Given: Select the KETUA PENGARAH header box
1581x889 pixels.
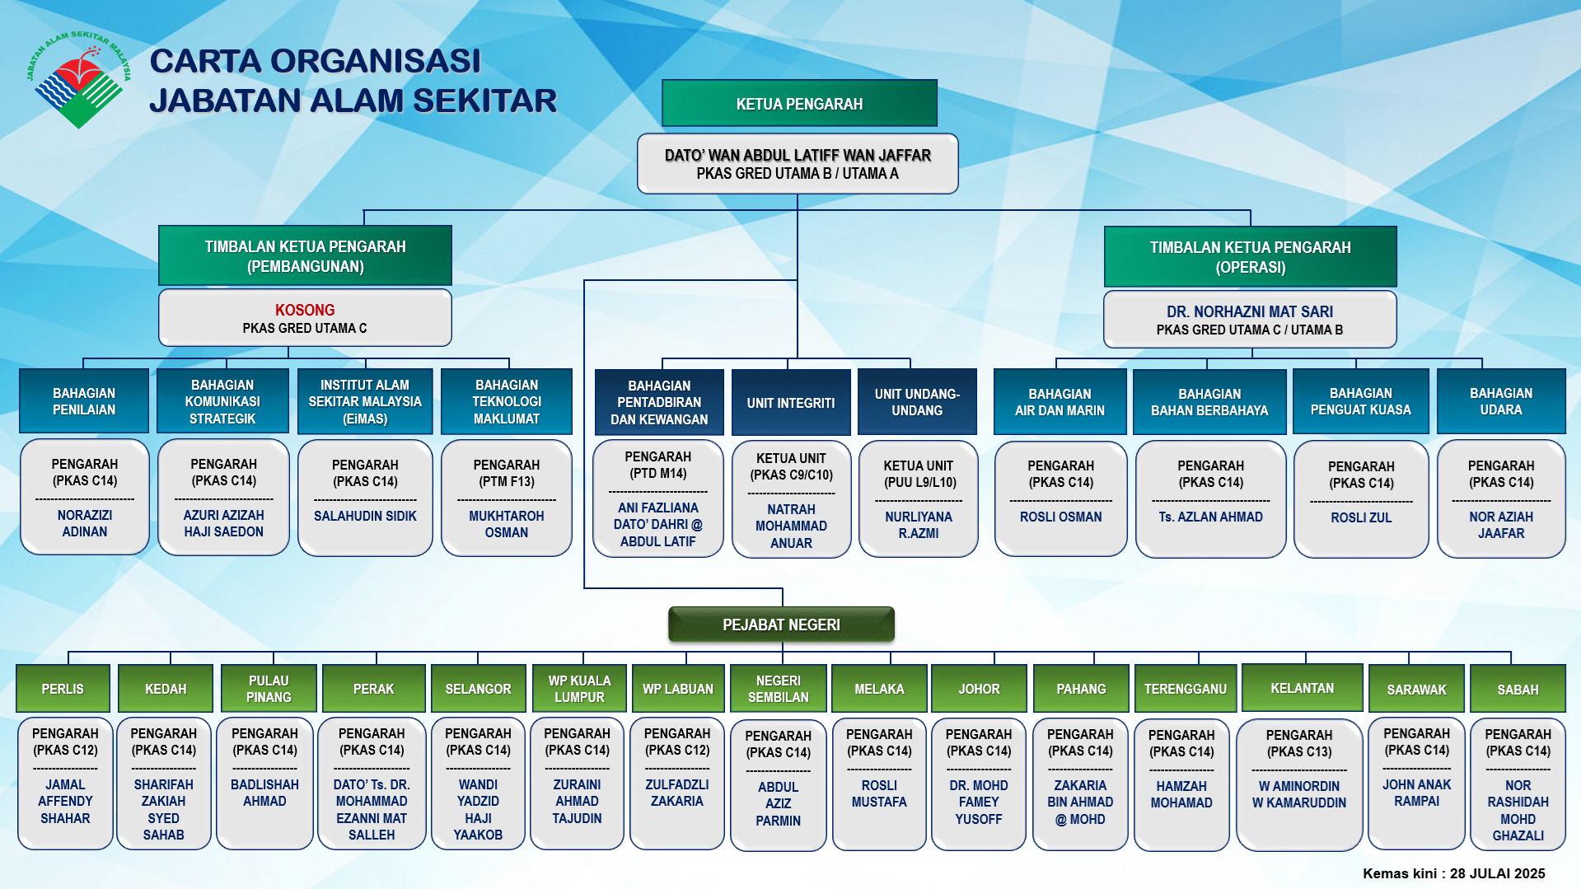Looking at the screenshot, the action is coord(799,104).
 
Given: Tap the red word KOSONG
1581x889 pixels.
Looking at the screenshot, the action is coord(305,310).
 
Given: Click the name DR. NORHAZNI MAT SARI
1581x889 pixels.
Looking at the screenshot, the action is coord(1249,311).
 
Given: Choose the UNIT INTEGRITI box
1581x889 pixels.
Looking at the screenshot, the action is coord(791,403).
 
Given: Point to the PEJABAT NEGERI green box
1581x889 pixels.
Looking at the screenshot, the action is coord(781,625).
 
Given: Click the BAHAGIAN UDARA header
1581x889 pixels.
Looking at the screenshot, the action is coord(1501,401).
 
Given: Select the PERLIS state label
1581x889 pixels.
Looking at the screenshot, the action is coord(63,689).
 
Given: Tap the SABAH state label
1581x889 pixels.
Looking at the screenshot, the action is coord(1518,690).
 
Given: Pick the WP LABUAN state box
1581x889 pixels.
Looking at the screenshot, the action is coord(678,689).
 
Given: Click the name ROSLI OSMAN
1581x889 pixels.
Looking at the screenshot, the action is coord(1060,517).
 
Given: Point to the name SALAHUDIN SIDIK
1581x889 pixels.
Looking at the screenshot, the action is coord(365,516).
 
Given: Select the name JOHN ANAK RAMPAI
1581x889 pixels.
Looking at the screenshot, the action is coord(1416,793).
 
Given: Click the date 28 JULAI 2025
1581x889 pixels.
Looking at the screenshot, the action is coord(1497,873).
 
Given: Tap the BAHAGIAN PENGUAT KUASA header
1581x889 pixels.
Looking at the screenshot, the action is coord(1360,401).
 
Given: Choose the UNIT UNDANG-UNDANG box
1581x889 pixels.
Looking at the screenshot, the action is coord(917,402).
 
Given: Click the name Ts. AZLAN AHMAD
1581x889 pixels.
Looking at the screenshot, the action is coord(1210,517).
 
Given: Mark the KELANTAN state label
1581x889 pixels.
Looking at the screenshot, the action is coord(1302,688).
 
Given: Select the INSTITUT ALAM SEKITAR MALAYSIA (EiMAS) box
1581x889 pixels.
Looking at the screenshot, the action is coord(365,401).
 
